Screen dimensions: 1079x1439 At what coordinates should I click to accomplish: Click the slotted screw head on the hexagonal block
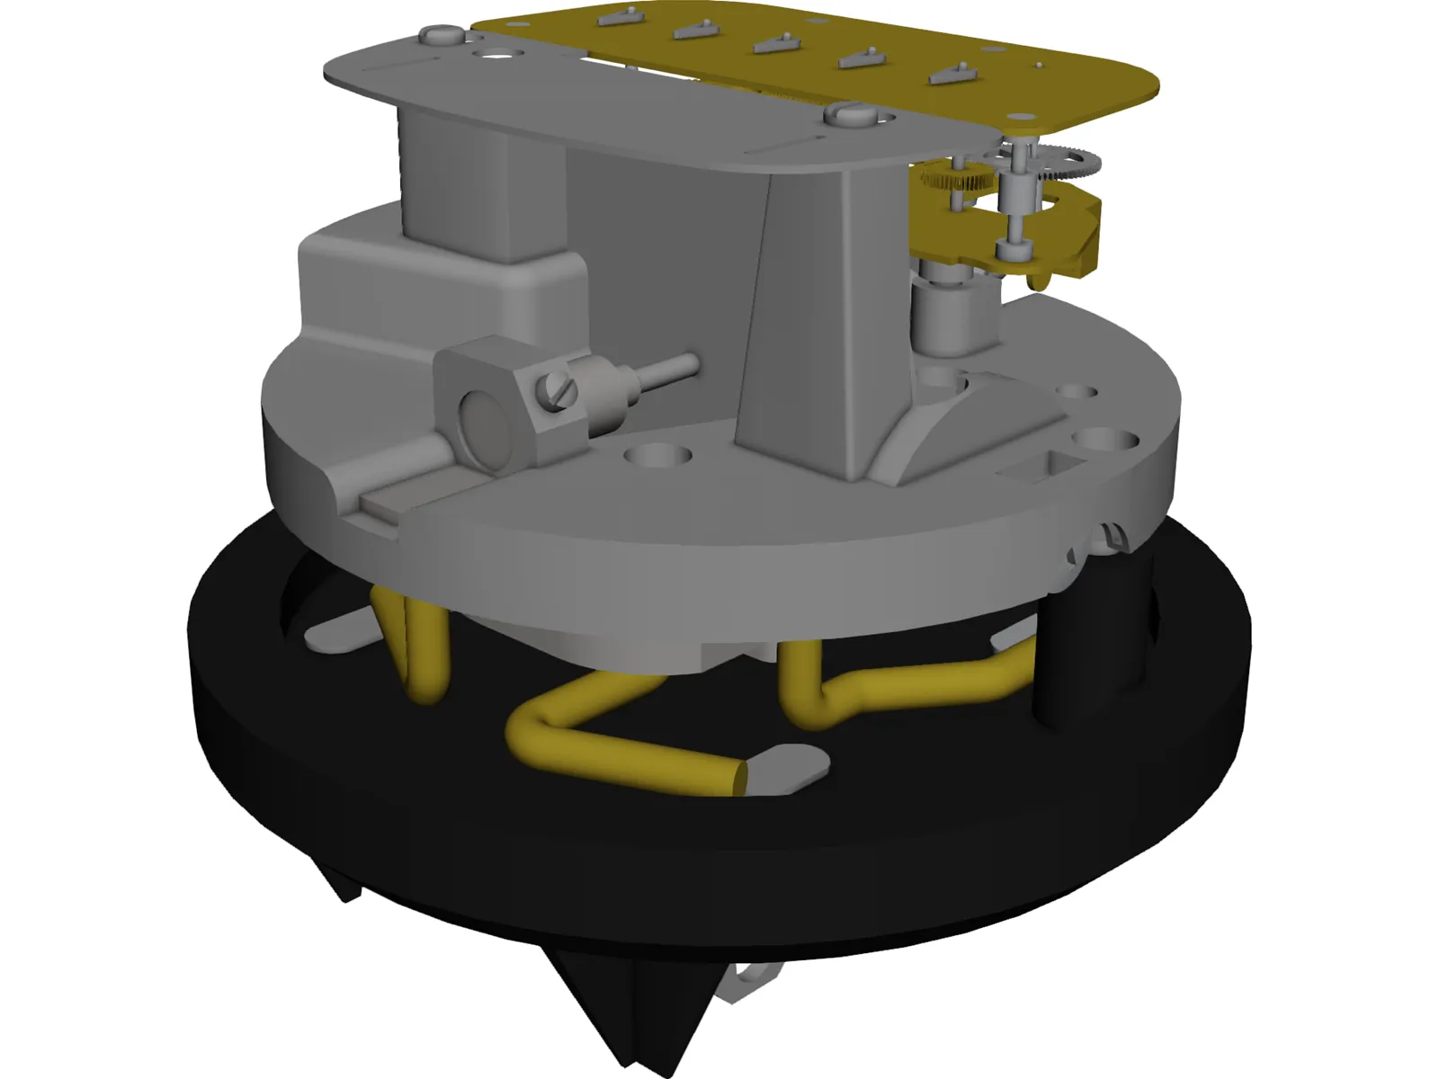click(x=554, y=392)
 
